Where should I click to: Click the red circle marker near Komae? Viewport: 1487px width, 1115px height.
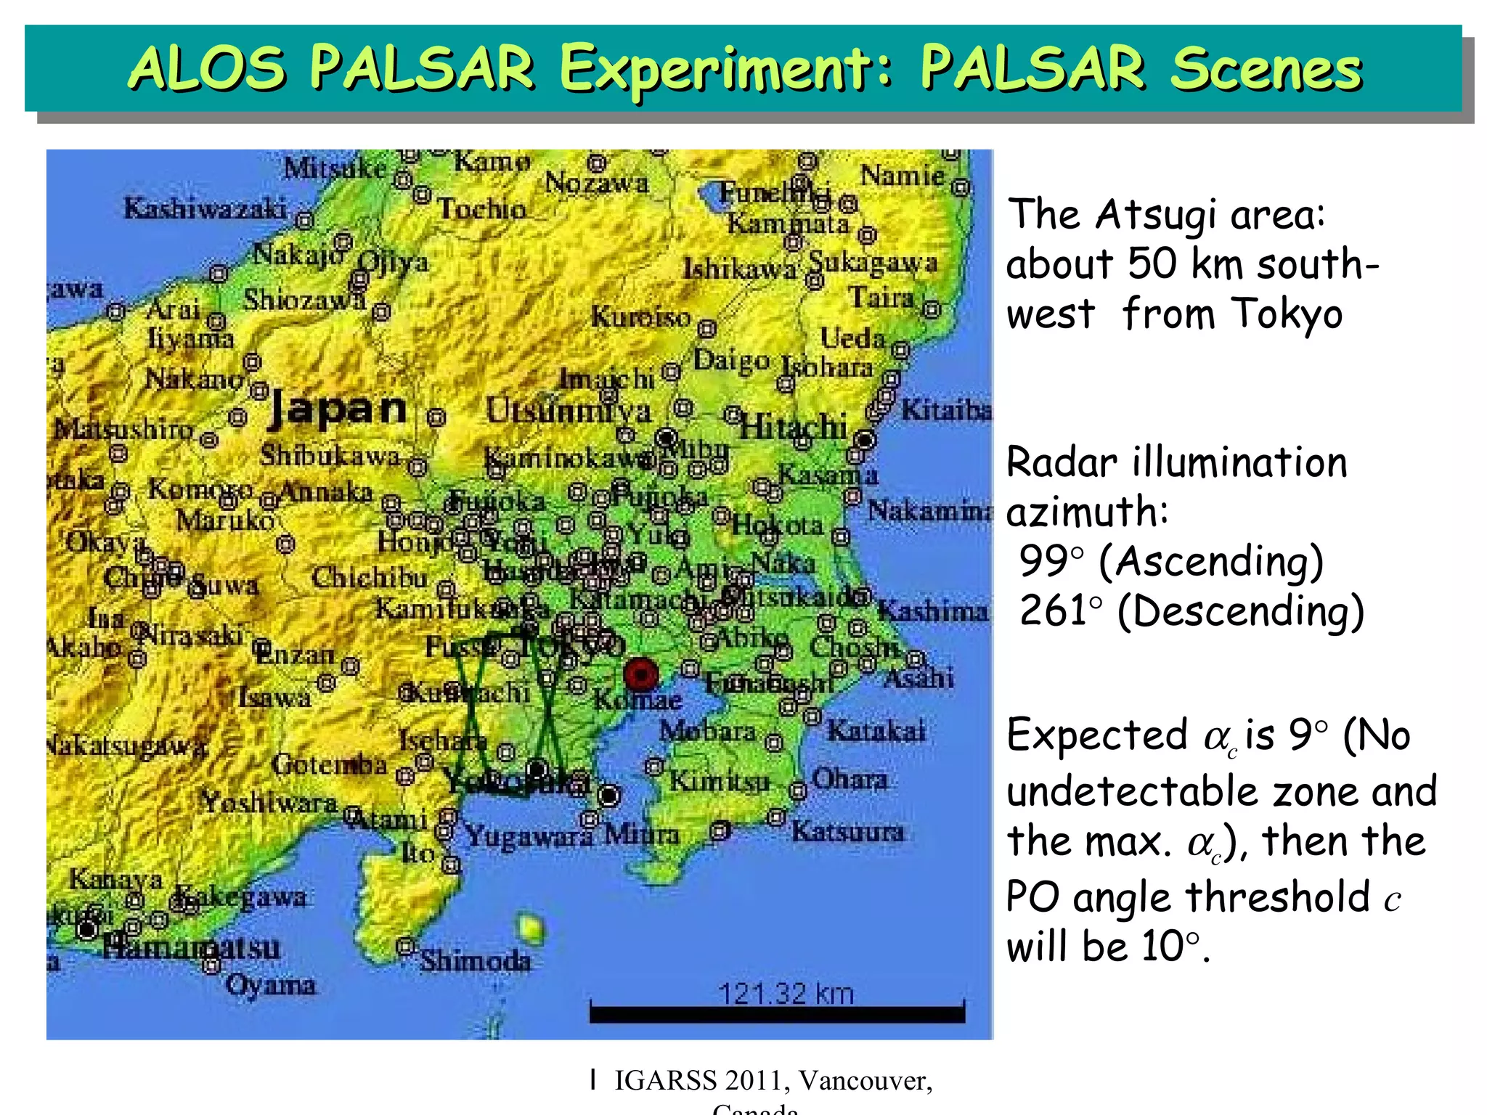coord(641,674)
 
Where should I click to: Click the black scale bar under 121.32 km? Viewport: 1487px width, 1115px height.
coord(777,1014)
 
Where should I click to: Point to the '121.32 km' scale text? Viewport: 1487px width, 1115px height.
coord(786,993)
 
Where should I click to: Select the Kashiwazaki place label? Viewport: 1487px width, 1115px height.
coord(205,209)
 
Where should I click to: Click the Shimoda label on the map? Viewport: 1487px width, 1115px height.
coord(476,961)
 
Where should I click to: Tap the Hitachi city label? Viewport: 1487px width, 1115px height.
coord(793,427)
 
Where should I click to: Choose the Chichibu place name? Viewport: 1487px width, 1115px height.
coord(370,578)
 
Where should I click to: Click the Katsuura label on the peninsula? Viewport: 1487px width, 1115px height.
coord(847,831)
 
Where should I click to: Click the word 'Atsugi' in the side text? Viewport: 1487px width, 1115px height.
coord(1155,216)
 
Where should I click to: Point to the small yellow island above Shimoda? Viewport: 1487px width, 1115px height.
coord(531,928)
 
